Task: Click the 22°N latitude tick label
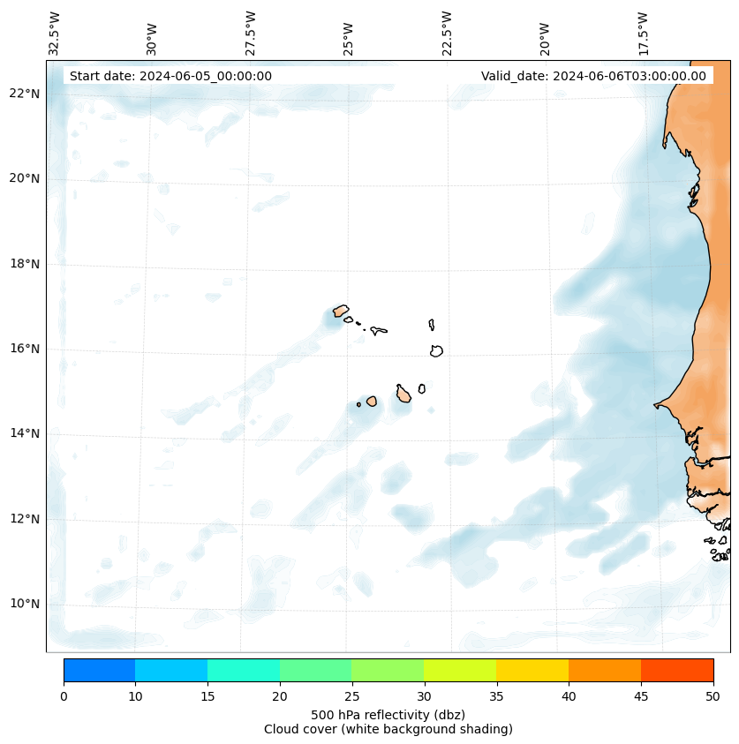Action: click(x=24, y=94)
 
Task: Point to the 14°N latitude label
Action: click(x=24, y=433)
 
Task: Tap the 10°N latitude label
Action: click(x=24, y=604)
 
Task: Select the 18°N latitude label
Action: click(x=24, y=264)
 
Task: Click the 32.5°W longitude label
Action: click(x=55, y=33)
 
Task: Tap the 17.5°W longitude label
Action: click(x=643, y=33)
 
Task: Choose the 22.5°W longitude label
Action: click(x=447, y=33)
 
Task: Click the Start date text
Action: click(x=170, y=76)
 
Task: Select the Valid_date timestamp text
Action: click(x=593, y=76)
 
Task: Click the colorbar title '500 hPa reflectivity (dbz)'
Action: click(x=388, y=714)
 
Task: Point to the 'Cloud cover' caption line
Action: click(x=388, y=729)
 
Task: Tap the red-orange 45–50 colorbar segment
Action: click(x=676, y=670)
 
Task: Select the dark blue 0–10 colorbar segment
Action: click(x=99, y=670)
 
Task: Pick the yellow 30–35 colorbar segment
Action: click(x=460, y=670)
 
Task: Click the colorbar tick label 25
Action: click(x=351, y=697)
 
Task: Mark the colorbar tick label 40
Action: click(x=569, y=697)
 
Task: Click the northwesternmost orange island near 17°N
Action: click(x=341, y=311)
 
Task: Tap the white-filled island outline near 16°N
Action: click(x=436, y=350)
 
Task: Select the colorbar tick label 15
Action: click(x=207, y=697)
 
